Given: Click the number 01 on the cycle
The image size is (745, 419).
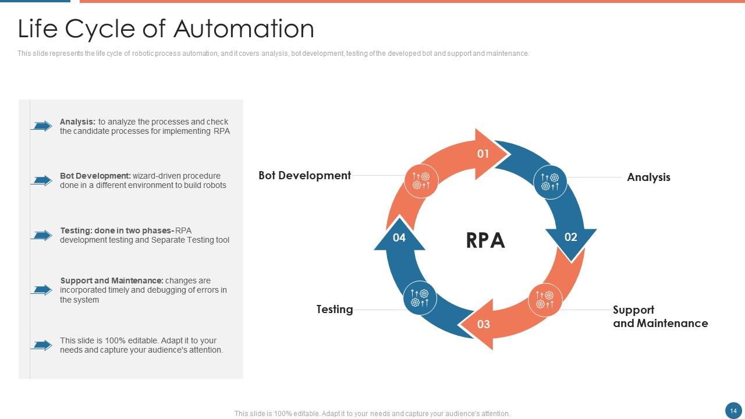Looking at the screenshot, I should pos(483,154).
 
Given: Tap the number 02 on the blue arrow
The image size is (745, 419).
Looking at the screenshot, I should pos(570,237).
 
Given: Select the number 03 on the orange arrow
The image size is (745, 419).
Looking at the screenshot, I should pos(484,324).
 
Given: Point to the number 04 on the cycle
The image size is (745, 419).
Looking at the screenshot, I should pos(399,237).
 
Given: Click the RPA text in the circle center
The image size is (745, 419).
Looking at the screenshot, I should pos(485,240).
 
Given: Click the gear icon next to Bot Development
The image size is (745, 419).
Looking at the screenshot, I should pos(421,181).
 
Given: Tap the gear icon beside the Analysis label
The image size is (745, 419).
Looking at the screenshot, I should pos(550,182).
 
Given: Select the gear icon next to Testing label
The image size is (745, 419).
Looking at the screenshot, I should pos(420,298).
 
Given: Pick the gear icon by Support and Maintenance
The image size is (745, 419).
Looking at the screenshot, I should pos(545,300).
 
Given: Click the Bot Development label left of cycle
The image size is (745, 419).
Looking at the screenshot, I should pos(304,176).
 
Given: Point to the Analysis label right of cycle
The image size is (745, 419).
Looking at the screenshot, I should pos(648,177).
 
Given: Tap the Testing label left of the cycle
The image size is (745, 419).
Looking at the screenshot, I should pos(335,310).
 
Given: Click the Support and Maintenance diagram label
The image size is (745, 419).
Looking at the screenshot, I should pos(660,317).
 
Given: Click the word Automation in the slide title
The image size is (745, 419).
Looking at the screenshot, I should pos(244,29).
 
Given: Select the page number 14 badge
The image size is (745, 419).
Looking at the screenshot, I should pos(733,410).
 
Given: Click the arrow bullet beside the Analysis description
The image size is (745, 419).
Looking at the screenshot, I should pos(42,126).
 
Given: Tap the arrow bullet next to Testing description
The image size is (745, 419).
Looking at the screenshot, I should pos(42,235).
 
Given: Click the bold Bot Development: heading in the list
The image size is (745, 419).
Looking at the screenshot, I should pos(95,176).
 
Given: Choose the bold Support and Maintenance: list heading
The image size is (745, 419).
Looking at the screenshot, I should pos(111,280).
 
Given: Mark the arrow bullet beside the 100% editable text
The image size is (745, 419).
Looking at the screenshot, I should pos(42,345).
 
